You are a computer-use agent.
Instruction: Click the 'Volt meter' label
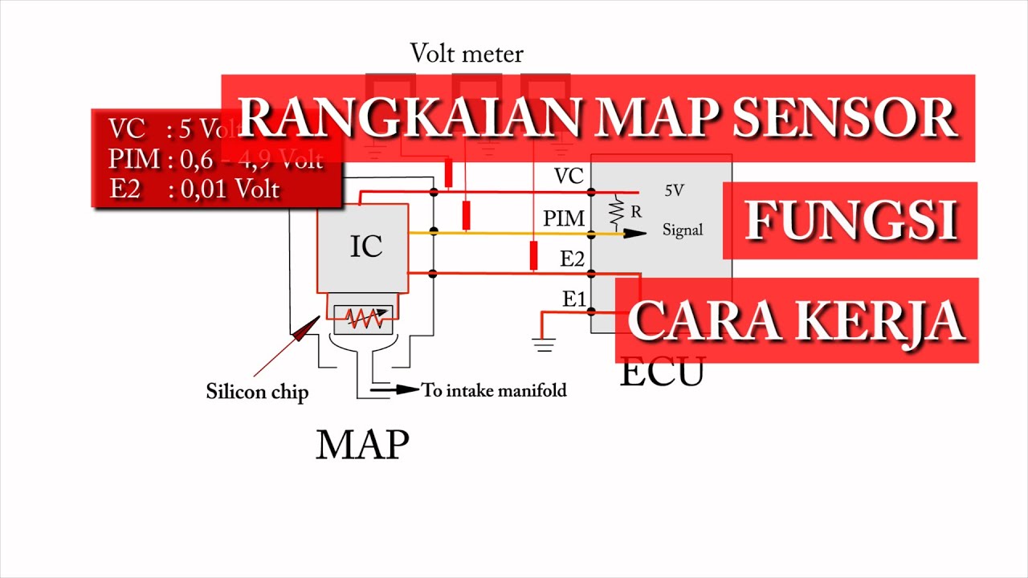(x=467, y=54)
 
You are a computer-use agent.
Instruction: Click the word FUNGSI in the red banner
(x=851, y=220)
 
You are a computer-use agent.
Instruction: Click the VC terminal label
(x=569, y=177)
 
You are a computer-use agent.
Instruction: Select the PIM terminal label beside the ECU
(x=563, y=218)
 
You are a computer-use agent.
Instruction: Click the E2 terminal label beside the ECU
(x=573, y=258)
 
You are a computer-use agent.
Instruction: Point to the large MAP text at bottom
(x=362, y=444)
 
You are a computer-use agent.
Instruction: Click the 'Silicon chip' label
(x=257, y=392)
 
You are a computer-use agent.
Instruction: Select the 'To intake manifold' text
(x=494, y=391)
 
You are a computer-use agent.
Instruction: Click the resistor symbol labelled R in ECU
(x=617, y=211)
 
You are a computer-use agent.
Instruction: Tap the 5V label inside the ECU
(x=675, y=191)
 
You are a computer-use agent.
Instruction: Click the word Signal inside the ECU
(x=683, y=230)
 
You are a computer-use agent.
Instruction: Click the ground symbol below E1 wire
(x=544, y=345)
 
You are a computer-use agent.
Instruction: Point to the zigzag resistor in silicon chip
(x=364, y=320)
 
